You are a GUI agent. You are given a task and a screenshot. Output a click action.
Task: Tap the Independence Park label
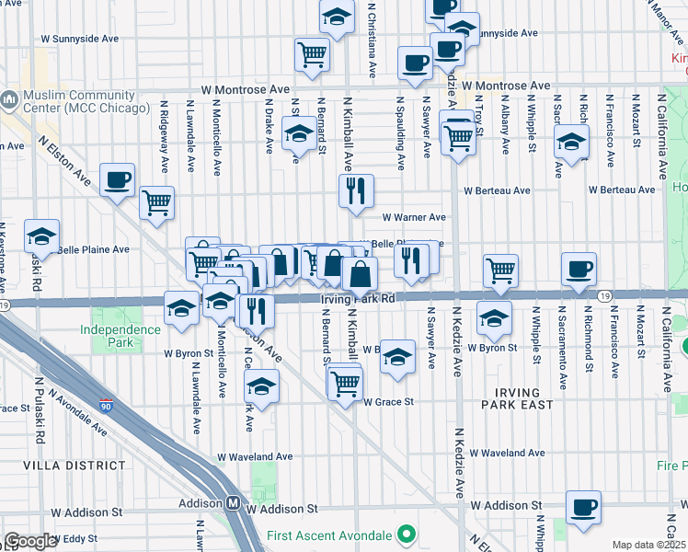[x=120, y=336]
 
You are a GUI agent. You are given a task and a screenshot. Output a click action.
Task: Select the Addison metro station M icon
[x=234, y=503]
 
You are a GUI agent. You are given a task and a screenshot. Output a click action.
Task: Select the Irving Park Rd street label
[x=359, y=299]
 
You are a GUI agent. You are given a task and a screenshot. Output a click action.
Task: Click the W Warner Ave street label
[x=414, y=218]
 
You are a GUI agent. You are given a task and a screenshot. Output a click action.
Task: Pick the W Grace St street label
[x=388, y=402]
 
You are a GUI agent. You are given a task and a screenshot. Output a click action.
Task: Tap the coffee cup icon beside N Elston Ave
[x=117, y=179]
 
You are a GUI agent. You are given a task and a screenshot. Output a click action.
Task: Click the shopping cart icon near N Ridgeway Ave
[x=157, y=201]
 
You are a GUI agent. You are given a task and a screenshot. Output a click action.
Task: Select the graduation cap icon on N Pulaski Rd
[x=41, y=236]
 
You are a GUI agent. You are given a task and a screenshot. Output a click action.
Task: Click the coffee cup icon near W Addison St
[x=582, y=507]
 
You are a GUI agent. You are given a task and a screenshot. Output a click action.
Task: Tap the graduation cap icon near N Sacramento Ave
[x=571, y=142]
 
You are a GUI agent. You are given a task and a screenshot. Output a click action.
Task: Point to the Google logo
[x=31, y=541]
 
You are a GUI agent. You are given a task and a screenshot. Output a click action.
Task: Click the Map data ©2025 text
[x=649, y=545]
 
